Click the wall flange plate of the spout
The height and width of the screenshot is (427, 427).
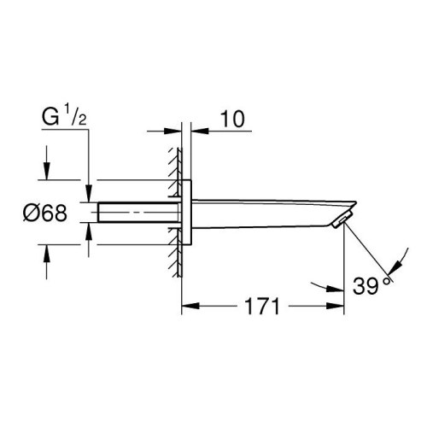click(189, 213)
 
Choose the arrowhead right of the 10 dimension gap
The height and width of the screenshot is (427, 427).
click(197, 129)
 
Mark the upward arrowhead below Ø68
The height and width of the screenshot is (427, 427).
click(46, 253)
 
